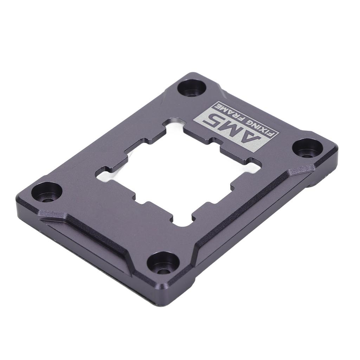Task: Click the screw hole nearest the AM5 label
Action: [x=192, y=88]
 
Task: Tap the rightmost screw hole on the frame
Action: [x=308, y=148]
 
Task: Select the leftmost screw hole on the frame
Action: [x=46, y=192]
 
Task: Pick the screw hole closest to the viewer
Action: [x=163, y=263]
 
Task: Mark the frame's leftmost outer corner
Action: [x=18, y=200]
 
